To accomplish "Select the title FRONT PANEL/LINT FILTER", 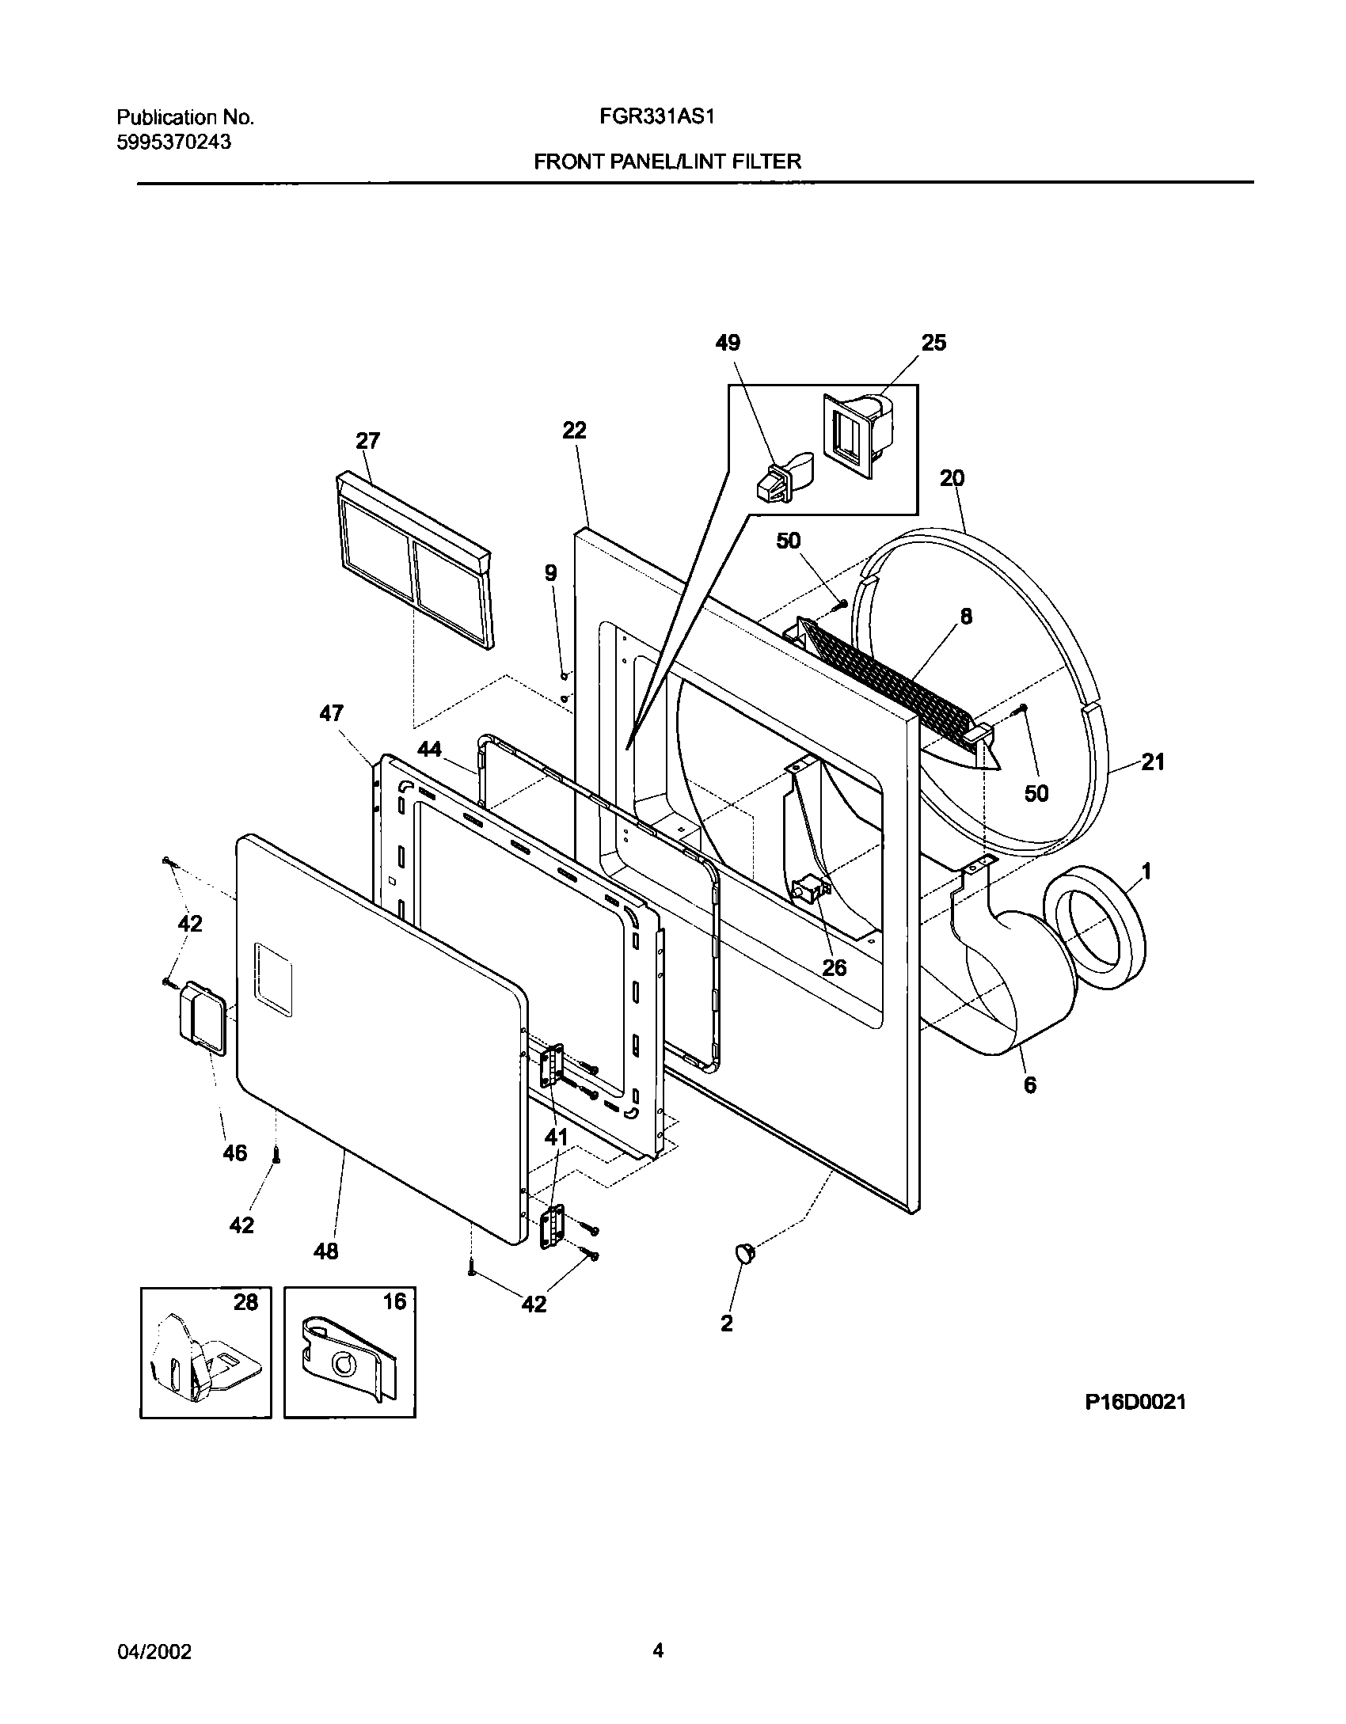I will coord(667,162).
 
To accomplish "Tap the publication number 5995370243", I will coord(174,142).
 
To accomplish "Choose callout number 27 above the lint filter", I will coord(367,441).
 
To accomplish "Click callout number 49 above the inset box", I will coord(728,343).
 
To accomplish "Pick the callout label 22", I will coord(574,431).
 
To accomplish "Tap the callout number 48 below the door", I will coord(326,1251).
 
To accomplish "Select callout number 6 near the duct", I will coord(1029,1085).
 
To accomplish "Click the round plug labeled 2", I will coord(746,1252).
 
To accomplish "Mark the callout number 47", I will coord(331,714).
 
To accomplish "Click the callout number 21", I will coord(1153,762).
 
